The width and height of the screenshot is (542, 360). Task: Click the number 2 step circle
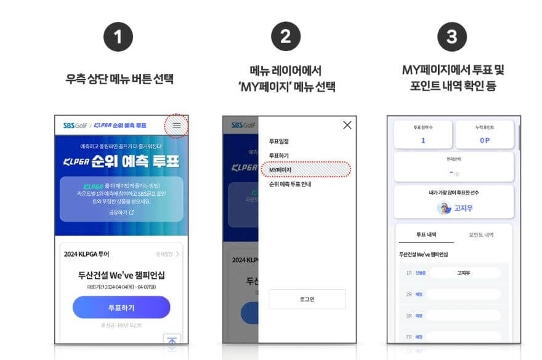[285, 37]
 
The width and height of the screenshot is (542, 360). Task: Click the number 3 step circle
[452, 37]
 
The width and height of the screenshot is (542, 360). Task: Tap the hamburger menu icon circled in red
[177, 126]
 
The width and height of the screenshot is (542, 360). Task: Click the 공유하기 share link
[121, 212]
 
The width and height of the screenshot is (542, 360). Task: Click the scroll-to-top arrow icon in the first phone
[172, 342]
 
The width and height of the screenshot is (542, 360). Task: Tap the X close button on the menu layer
[347, 125]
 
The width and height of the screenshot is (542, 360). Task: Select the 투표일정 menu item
[279, 142]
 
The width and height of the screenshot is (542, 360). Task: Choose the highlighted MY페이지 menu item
[280, 169]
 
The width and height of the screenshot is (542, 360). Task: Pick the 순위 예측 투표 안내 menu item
[294, 184]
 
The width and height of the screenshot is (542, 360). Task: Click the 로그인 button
[307, 299]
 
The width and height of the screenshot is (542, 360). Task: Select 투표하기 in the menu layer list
[279, 155]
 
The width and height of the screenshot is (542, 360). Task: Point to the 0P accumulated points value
[484, 140]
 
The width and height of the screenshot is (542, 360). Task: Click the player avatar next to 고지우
[444, 208]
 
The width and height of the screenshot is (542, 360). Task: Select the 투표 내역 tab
[426, 235]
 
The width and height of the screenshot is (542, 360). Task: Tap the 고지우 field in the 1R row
[464, 273]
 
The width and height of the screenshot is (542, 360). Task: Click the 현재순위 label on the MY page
[453, 159]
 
